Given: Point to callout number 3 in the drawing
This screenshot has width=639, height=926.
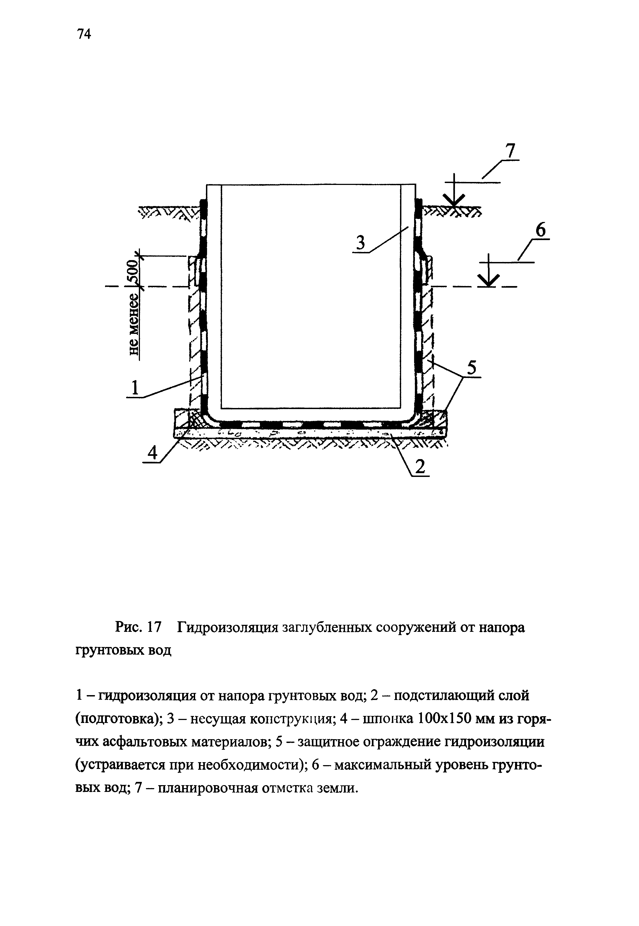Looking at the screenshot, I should pos(361,244).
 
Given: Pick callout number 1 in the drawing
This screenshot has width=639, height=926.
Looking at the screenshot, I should pos(135,388).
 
